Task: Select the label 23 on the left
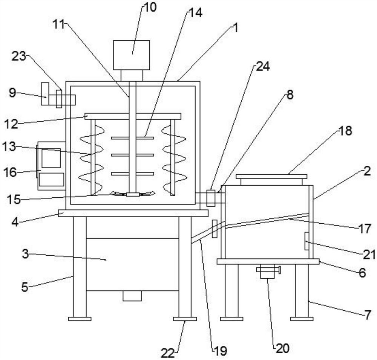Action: pyautogui.click(x=19, y=56)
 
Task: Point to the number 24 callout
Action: pyautogui.click(x=263, y=66)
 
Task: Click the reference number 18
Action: pyautogui.click(x=345, y=131)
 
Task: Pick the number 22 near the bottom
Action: pyautogui.click(x=168, y=353)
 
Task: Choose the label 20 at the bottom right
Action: pyautogui.click(x=282, y=348)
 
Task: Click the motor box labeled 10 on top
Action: pyautogui.click(x=132, y=55)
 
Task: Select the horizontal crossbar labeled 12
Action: pyautogui.click(x=133, y=116)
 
